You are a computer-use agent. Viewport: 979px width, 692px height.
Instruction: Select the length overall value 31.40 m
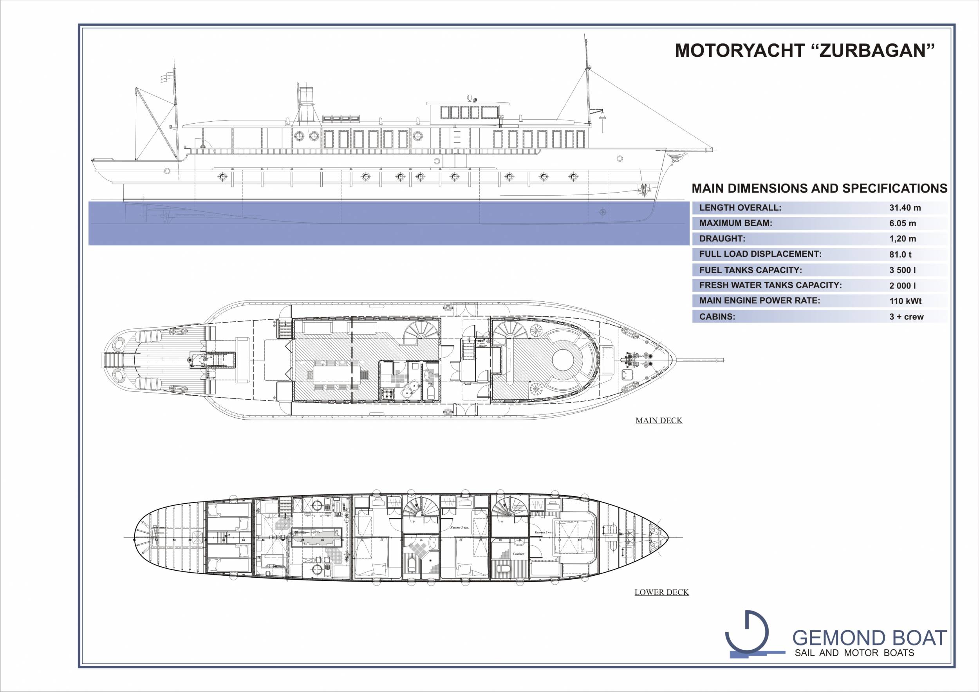(x=905, y=208)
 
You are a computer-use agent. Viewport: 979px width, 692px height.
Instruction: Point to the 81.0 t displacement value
(x=901, y=254)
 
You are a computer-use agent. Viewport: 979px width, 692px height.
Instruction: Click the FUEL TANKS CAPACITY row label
(x=751, y=270)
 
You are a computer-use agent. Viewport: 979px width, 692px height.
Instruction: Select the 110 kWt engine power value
(x=905, y=301)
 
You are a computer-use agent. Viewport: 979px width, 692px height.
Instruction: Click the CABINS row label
(x=717, y=317)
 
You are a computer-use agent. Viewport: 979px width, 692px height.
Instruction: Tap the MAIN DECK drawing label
(x=659, y=421)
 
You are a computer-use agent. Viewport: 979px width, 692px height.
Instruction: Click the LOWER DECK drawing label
(x=661, y=592)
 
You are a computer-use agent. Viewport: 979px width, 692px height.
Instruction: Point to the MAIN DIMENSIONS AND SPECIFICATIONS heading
(x=819, y=188)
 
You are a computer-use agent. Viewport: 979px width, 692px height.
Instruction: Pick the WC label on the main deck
(x=430, y=383)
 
